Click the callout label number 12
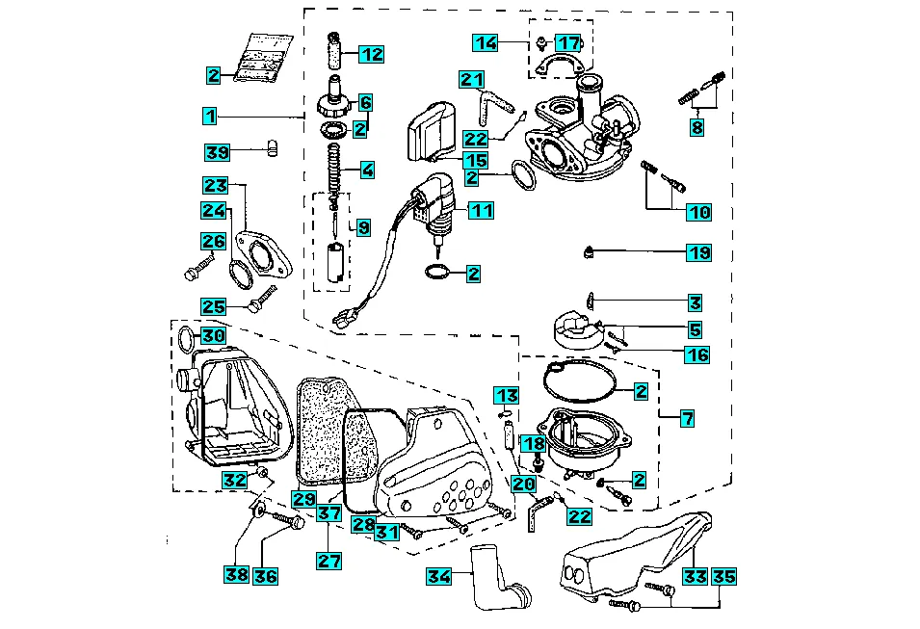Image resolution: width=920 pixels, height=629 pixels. tap(372, 54)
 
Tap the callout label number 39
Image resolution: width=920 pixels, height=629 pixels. tap(218, 151)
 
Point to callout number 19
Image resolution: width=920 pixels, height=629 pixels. tap(698, 252)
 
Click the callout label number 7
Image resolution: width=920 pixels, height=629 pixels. tap(687, 418)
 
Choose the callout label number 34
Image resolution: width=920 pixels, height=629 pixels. tap(439, 576)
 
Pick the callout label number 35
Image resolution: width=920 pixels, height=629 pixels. tap(724, 577)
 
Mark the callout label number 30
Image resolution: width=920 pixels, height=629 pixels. tap(213, 335)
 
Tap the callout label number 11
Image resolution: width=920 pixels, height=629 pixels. tap(481, 209)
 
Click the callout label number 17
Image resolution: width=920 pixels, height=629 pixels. tap(569, 42)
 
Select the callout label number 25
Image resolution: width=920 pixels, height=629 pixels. tap(213, 306)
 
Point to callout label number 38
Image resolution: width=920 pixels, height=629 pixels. tap(236, 575)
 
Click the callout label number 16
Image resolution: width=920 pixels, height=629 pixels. tap(697, 354)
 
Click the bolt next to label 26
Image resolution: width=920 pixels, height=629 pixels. tap(198, 268)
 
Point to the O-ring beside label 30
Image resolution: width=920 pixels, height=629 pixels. tap(187, 338)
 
